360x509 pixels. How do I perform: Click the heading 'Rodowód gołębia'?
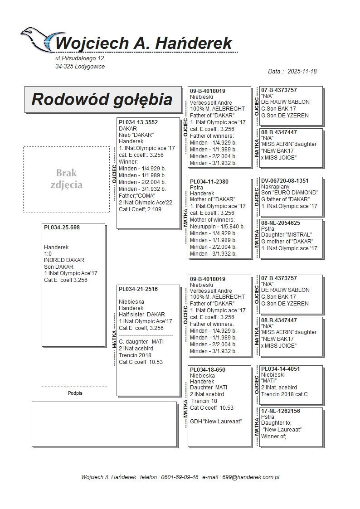[102, 100]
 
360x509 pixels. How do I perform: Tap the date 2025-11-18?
[302, 72]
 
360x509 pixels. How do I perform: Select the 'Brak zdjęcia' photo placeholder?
[66, 179]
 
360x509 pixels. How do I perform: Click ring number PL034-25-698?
[62, 227]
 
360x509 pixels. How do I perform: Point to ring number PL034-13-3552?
[138, 122]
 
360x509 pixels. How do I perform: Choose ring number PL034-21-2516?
[138, 289]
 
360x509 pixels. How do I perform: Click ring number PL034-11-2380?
[209, 181]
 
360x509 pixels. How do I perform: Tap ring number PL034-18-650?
[208, 369]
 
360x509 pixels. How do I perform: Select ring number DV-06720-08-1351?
[285, 180]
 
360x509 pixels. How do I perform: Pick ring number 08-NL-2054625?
[281, 223]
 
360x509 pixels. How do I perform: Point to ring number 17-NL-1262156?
[281, 411]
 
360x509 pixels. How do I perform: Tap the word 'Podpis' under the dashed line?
[75, 393]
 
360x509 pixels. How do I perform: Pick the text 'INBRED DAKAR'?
[64, 260]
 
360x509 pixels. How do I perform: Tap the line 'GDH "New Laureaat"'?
[215, 422]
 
